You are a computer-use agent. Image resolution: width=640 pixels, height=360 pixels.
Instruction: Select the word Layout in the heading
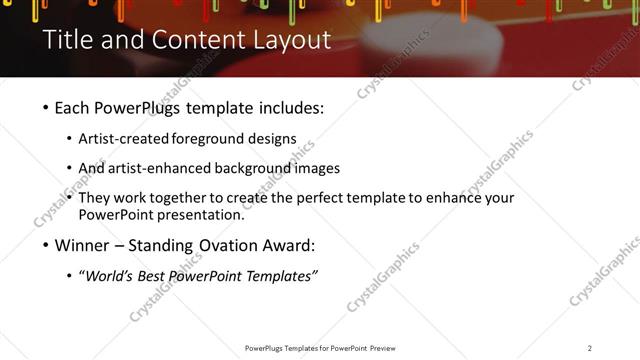291,40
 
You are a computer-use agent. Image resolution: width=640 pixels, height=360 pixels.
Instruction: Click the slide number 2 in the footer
589,348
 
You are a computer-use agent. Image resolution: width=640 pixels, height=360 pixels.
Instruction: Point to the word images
319,168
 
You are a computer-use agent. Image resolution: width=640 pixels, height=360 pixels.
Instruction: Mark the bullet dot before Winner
47,245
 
